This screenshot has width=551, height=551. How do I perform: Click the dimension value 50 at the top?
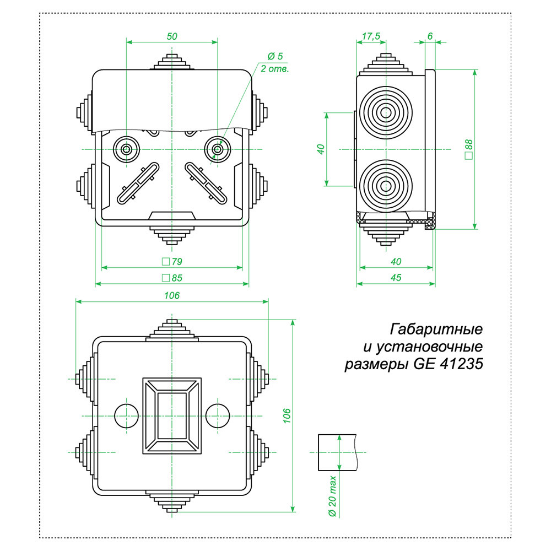click(172, 36)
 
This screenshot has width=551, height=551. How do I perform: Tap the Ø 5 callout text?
click(275, 57)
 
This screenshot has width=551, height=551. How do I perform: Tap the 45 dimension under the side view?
click(395, 278)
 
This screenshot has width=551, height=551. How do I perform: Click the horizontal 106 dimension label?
click(172, 296)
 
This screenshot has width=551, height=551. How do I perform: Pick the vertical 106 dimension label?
click(287, 416)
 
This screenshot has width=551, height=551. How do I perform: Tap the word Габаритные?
click(436, 329)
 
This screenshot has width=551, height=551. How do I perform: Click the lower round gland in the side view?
click(385, 186)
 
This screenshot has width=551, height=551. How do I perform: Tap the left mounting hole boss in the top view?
click(127, 149)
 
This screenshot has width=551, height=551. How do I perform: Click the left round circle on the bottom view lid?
click(126, 414)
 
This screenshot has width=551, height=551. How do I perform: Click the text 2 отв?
click(274, 69)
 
